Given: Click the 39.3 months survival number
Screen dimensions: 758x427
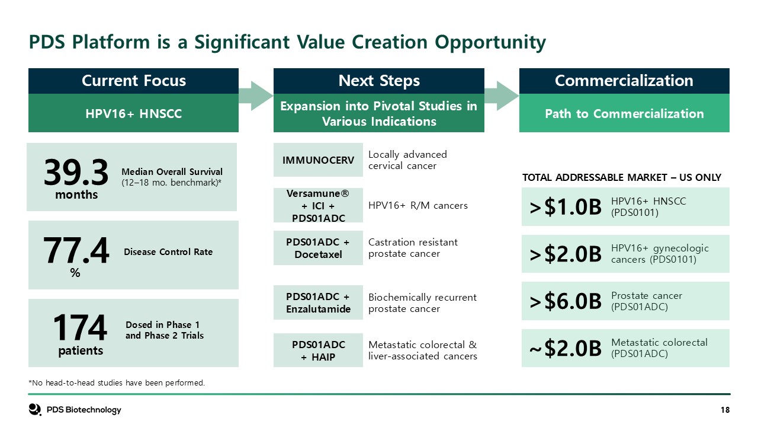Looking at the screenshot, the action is (x=76, y=173).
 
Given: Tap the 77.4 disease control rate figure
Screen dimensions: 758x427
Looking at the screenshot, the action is (x=76, y=250).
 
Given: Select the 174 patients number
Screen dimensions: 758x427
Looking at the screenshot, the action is (x=80, y=327).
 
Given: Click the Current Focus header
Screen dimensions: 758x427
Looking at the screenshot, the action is (x=133, y=81).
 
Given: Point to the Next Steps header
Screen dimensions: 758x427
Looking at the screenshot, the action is (x=378, y=81).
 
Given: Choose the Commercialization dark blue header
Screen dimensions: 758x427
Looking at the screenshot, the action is (x=624, y=81).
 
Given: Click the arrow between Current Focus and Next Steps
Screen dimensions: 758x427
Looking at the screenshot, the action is (x=256, y=96).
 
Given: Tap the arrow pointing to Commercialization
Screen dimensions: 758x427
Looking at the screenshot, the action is (x=502, y=96).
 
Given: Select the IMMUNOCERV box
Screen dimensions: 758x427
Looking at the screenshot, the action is (x=318, y=160).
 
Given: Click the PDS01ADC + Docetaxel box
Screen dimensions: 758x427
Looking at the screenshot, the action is (x=318, y=248).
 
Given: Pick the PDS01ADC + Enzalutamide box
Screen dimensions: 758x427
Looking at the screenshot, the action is (x=318, y=302).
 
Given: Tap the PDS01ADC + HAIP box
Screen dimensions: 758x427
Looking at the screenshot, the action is (x=318, y=350).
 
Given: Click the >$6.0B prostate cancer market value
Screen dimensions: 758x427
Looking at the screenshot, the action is (x=566, y=301).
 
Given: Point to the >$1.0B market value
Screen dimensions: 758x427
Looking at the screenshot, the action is (x=566, y=207).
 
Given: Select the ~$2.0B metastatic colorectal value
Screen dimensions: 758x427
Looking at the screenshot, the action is (x=566, y=348).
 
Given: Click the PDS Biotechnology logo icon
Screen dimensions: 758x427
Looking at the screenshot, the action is (x=35, y=409).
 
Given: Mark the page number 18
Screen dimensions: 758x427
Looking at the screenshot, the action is (x=725, y=410).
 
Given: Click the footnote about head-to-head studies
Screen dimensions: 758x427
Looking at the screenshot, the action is (x=117, y=383).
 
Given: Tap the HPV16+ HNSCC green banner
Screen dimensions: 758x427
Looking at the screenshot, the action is (x=133, y=113).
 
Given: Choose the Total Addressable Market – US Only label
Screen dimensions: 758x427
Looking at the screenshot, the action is (x=622, y=177).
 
